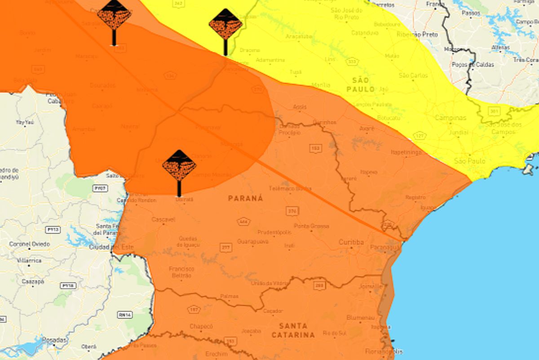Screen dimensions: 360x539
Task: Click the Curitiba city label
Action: point(351,242)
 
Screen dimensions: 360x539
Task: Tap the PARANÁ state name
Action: point(246,198)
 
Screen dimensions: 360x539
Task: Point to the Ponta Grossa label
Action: point(311,226)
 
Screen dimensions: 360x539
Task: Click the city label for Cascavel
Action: point(163,219)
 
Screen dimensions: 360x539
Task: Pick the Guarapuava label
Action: point(253,241)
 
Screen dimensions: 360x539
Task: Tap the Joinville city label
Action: point(371,286)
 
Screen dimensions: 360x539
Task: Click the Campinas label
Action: point(450,118)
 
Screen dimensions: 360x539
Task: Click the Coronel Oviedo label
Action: point(30,244)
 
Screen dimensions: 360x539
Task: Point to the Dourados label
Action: point(102,85)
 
